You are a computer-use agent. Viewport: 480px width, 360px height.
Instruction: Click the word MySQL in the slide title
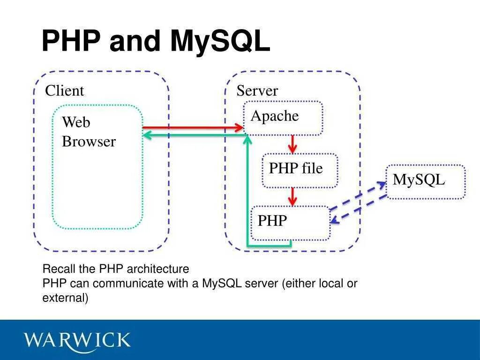click(x=220, y=41)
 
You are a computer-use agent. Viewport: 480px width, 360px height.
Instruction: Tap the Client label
click(x=64, y=90)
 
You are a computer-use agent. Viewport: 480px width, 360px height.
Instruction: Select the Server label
click(x=257, y=90)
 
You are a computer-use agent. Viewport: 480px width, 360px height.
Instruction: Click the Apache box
click(x=283, y=118)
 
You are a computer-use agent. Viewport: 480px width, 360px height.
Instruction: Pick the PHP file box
click(x=300, y=170)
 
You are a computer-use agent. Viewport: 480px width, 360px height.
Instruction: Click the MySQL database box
click(x=425, y=182)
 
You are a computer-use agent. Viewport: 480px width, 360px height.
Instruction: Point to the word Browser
click(x=89, y=142)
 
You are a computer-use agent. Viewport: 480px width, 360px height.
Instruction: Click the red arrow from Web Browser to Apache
click(x=192, y=127)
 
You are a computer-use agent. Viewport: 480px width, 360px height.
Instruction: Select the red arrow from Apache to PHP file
click(x=293, y=144)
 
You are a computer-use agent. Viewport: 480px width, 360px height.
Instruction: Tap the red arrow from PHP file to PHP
click(x=293, y=196)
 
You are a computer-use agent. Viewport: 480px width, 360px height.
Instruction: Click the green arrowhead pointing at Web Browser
click(x=146, y=135)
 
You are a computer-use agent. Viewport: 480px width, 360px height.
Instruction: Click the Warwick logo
click(x=78, y=340)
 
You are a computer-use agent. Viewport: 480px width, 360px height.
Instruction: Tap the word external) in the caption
click(x=65, y=298)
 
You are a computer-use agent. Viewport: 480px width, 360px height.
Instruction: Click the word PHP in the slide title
click(x=71, y=41)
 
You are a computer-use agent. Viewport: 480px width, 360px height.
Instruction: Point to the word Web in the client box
click(x=76, y=122)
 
